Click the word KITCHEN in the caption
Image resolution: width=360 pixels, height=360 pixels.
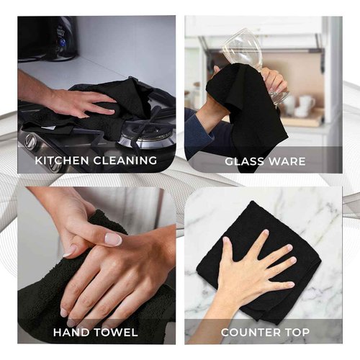coord(62,161)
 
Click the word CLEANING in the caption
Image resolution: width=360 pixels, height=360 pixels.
coord(125,161)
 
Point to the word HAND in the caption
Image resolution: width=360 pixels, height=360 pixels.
coord(71,333)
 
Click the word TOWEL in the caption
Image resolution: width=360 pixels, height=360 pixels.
coord(116,333)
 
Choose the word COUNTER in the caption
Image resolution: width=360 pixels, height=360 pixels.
coord(250,333)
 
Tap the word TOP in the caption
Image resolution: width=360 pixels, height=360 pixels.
coord(296,333)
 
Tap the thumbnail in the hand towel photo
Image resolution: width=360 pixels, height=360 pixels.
coord(114,238)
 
